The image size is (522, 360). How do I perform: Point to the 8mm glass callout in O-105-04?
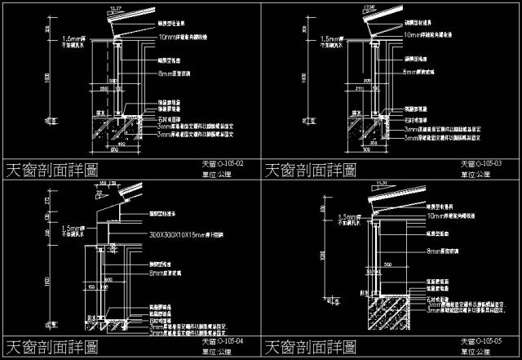tap(163, 275)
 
